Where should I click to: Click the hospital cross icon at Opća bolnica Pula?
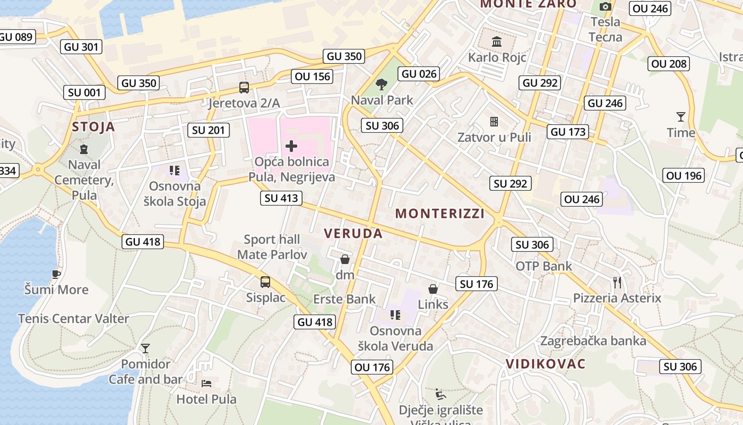pyautogui.click(x=291, y=146)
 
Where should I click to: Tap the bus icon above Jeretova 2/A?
pyautogui.click(x=244, y=88)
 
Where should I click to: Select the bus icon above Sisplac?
pyautogui.click(x=265, y=282)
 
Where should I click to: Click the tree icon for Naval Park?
pyautogui.click(x=381, y=84)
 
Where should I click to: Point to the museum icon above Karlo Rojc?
pyautogui.click(x=497, y=41)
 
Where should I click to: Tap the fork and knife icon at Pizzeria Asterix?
pyautogui.click(x=617, y=282)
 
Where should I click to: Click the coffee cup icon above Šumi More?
pyautogui.click(x=56, y=274)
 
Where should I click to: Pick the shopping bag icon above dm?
pyautogui.click(x=345, y=259)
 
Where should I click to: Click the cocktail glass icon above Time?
pyautogui.click(x=680, y=116)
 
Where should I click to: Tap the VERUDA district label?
pyautogui.click(x=353, y=234)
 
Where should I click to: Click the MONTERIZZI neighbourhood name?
pyautogui.click(x=440, y=214)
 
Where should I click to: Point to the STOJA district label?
pyautogui.click(x=93, y=126)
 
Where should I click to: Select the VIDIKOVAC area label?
pyautogui.click(x=546, y=364)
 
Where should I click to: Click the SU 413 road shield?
pyautogui.click(x=281, y=199)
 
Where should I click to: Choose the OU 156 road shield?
pyautogui.click(x=313, y=76)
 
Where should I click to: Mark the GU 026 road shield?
pyautogui.click(x=419, y=74)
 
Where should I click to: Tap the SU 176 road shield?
pyautogui.click(x=477, y=284)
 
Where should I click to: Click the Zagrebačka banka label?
pyautogui.click(x=593, y=341)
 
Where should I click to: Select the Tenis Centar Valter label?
pyautogui.click(x=73, y=319)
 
